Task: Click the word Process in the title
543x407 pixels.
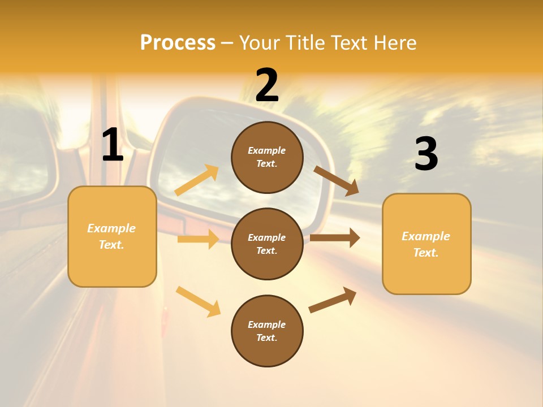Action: tap(178, 42)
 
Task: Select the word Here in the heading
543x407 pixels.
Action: tap(394, 42)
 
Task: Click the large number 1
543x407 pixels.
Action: tap(113, 145)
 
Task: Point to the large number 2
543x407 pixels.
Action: tap(267, 85)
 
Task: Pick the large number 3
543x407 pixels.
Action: tap(426, 154)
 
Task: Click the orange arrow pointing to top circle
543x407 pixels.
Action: tap(197, 180)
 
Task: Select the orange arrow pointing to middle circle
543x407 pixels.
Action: tap(198, 239)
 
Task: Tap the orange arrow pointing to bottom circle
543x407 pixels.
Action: tap(199, 301)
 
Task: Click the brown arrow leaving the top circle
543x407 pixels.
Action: tap(337, 180)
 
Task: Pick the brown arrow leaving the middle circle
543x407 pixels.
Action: tap(335, 238)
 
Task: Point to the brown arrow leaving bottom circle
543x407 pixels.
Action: tap(333, 300)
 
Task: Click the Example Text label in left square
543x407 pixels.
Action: tap(111, 236)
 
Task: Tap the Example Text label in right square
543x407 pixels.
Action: tap(426, 244)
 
